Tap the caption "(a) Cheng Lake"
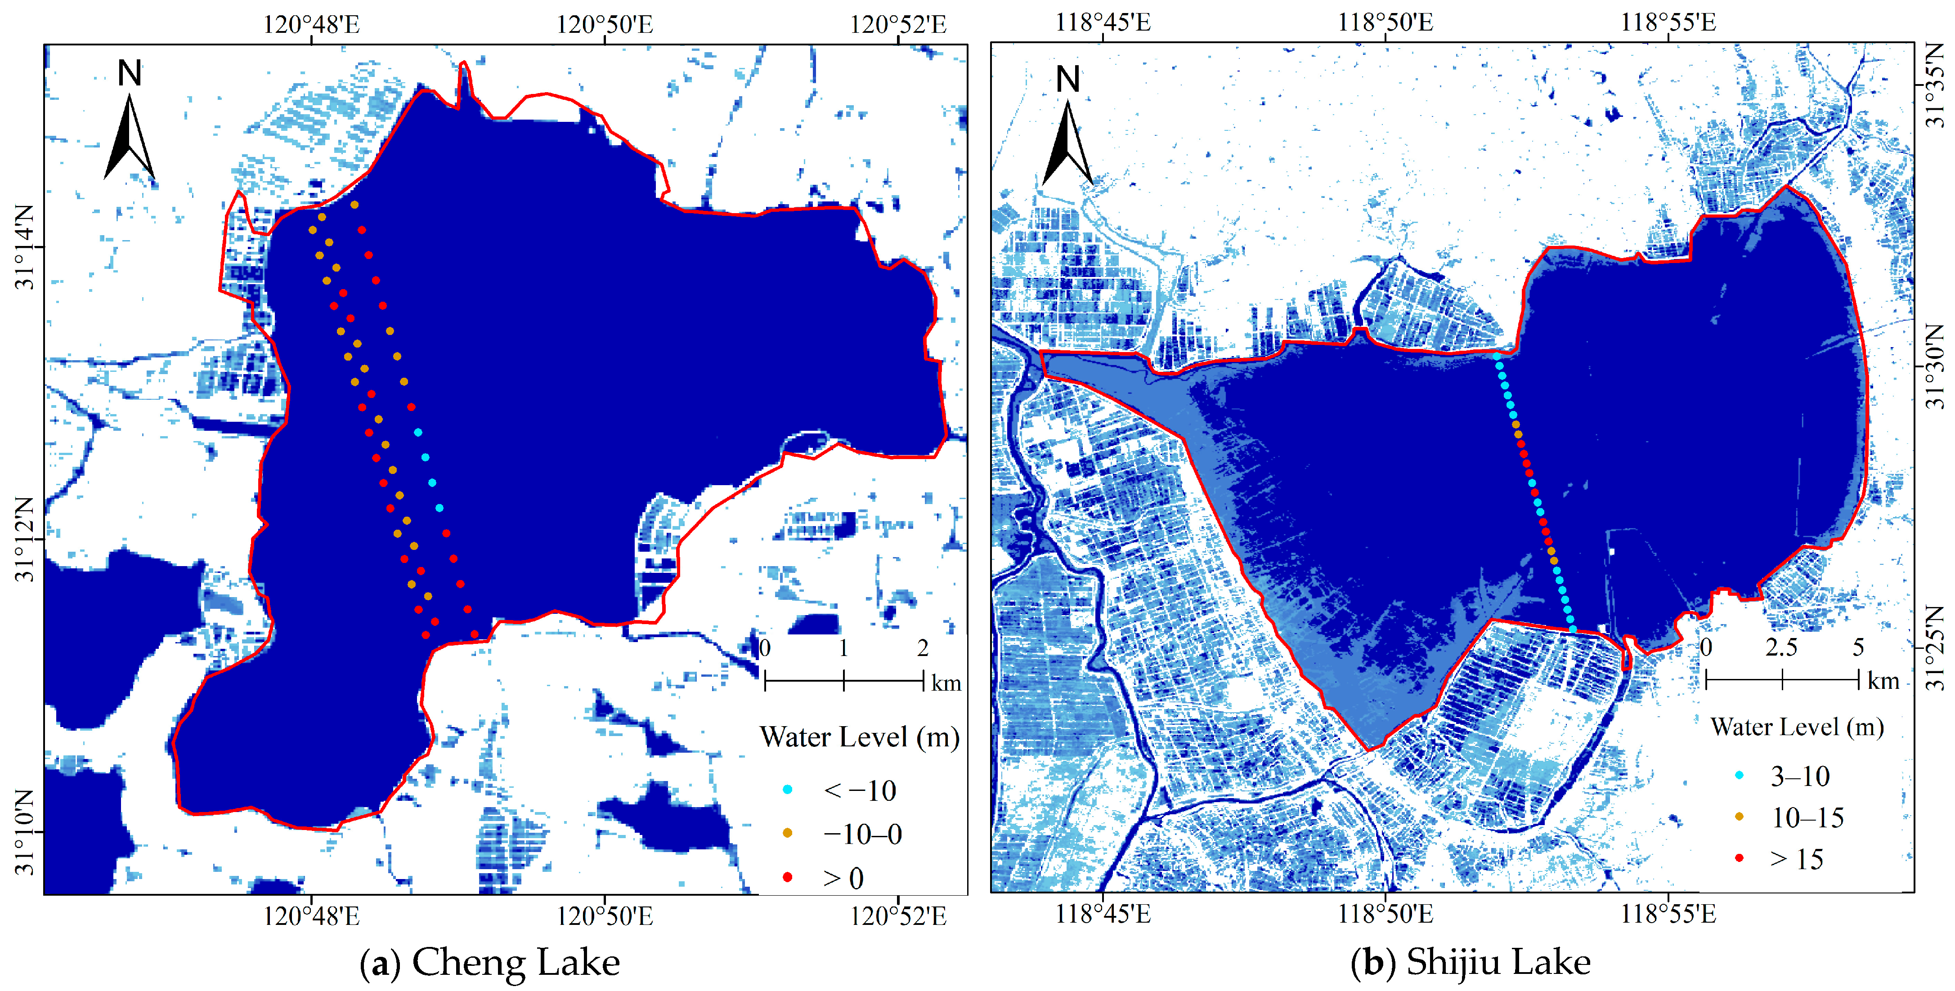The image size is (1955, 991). pyautogui.click(x=489, y=962)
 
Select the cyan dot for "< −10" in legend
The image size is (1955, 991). pyautogui.click(x=788, y=789)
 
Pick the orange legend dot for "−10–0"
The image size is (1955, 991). pyautogui.click(x=788, y=833)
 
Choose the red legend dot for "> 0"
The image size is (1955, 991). pyautogui.click(x=788, y=877)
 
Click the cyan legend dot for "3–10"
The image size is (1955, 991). pyautogui.click(x=1739, y=775)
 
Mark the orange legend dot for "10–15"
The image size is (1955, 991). pyautogui.click(x=1739, y=817)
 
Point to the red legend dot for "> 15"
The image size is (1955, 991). pyautogui.click(x=1739, y=858)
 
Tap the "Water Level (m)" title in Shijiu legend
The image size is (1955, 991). pyautogui.click(x=1796, y=727)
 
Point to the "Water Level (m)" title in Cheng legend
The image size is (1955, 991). pyautogui.click(x=859, y=737)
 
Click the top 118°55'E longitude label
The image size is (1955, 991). pyautogui.click(x=1668, y=23)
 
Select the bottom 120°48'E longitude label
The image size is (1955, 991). pyautogui.click(x=311, y=916)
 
